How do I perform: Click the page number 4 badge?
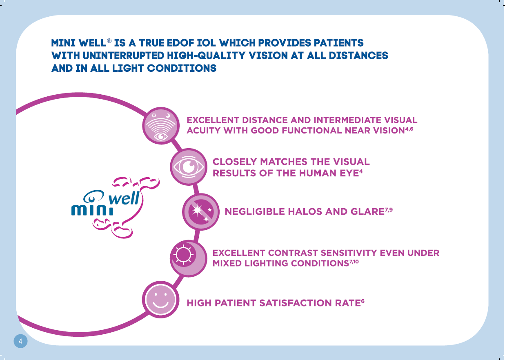20,341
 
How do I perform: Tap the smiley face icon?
161,300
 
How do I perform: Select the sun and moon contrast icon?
189,258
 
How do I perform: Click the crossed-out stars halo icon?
200,212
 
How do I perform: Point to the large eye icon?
189,167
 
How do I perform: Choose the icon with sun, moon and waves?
161,126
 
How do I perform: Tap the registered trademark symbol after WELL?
109,40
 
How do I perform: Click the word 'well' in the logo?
124,198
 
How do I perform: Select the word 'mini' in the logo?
92,210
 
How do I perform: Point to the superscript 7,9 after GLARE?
389,210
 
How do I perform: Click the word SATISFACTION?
296,303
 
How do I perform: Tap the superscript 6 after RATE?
363,301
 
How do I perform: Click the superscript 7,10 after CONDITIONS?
354,262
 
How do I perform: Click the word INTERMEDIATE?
347,120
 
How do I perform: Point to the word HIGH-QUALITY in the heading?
206,56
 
